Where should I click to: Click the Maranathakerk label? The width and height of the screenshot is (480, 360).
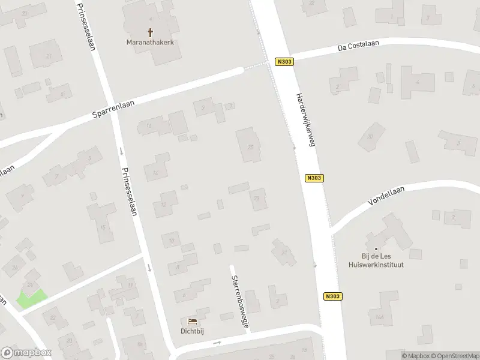pos(149,42)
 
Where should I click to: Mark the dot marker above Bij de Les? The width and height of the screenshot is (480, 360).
pos(377,249)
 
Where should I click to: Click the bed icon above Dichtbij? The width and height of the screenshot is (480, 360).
pos(193,322)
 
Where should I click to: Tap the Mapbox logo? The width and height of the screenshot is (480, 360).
pos(26,353)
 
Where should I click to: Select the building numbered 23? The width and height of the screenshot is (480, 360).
pos(258,198)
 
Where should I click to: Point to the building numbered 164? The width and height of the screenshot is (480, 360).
pos(379,317)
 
